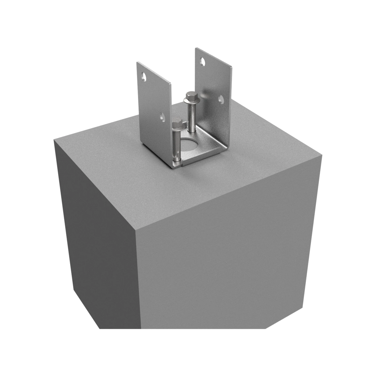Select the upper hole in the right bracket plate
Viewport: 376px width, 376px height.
[202, 61]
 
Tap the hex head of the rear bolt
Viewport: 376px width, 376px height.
[189, 96]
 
